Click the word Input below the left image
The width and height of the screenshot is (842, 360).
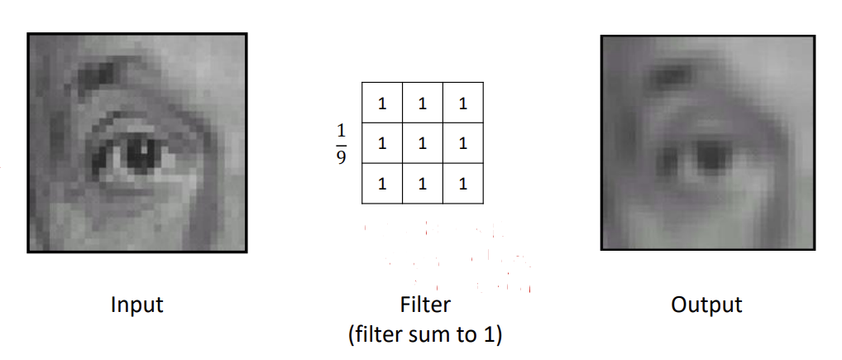tap(136, 305)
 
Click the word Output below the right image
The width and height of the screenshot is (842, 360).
tap(707, 305)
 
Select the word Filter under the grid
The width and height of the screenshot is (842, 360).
tap(425, 305)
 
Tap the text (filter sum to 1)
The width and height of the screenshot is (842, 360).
tap(425, 336)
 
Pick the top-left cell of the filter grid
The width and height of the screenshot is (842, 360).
tap(382, 103)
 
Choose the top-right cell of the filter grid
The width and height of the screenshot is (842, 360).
tap(462, 103)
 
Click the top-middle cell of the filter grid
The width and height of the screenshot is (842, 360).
tap(423, 103)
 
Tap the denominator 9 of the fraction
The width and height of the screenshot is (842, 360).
tap(342, 157)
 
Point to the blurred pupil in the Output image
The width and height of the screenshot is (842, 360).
tap(710, 155)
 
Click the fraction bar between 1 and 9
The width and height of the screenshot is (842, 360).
tap(342, 144)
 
